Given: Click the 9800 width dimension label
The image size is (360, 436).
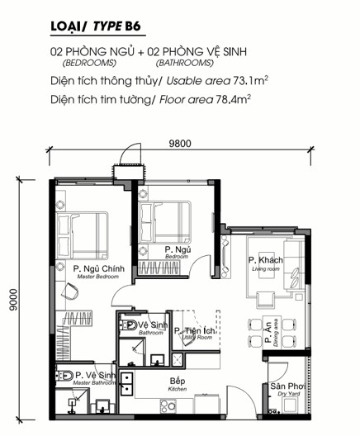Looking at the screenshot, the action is pos(180,144).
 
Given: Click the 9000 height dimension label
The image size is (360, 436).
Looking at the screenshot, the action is pos(12,300).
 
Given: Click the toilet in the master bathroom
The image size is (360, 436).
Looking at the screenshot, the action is pos(64,376).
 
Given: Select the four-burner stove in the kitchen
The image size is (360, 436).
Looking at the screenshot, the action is pos(168,405).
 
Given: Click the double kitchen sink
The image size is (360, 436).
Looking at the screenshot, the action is pos(126,384).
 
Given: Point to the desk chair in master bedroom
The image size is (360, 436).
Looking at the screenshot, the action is pos(69,291).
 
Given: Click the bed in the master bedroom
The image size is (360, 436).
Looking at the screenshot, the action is pos(82,236).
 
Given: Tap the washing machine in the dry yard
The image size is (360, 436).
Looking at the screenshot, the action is pos(290,405).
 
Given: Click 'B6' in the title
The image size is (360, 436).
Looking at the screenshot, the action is pos(133,26).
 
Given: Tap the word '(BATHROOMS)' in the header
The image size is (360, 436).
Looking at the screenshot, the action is pos(185,63).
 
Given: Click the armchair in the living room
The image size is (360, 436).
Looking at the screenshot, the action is pos(266,300).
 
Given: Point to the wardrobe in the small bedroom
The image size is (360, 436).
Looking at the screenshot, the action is pos(159,268).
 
